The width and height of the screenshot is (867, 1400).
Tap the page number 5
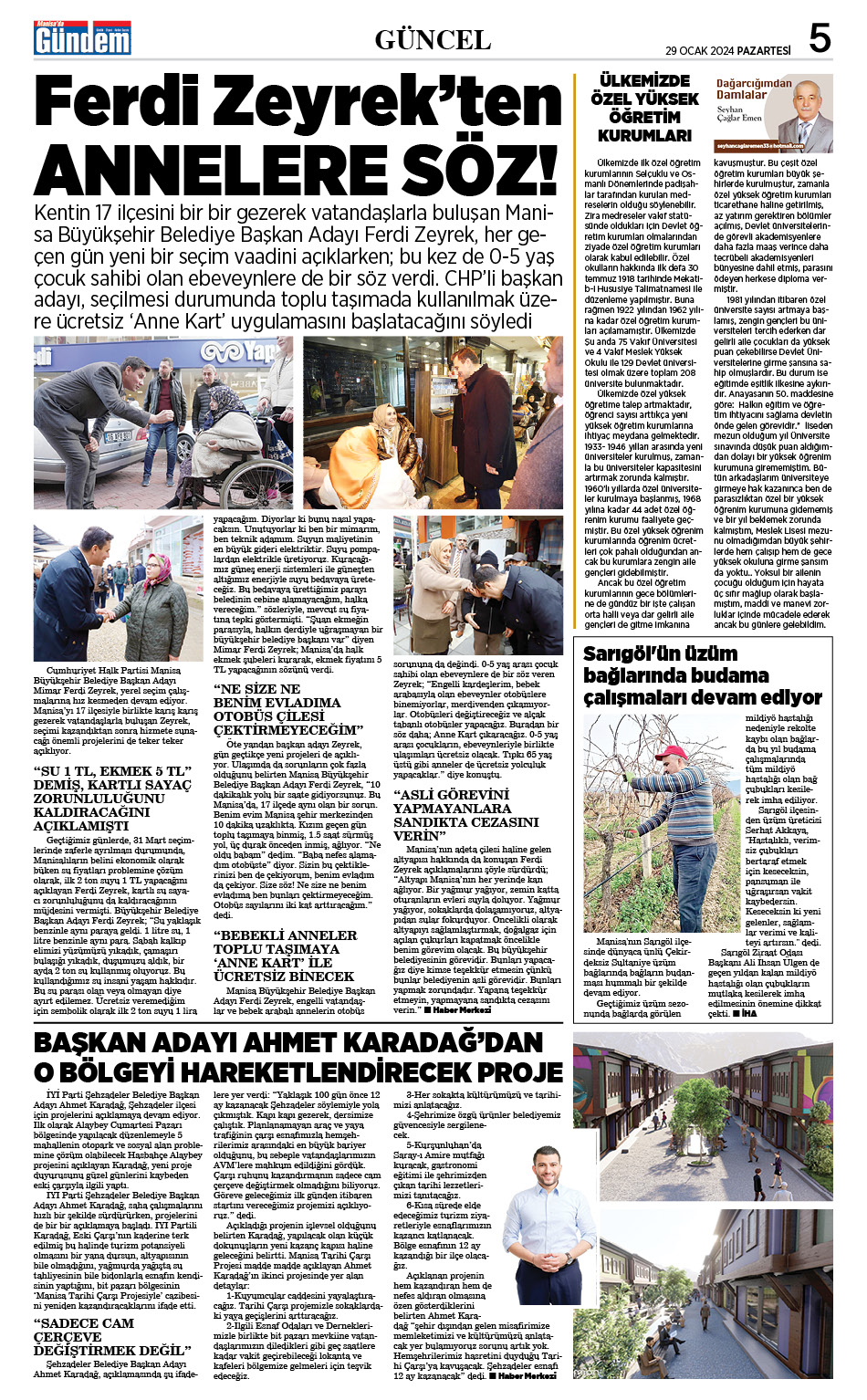[820, 38]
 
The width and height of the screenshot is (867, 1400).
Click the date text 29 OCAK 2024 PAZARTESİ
[727, 50]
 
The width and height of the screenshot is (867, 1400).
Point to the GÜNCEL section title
[433, 39]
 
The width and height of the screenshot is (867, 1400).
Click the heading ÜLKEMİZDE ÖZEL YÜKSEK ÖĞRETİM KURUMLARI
[644, 108]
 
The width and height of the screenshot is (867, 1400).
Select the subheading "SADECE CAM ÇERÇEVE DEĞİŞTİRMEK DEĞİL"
[110, 1336]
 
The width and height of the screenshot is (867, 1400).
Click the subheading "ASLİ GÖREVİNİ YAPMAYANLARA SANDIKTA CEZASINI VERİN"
[453, 815]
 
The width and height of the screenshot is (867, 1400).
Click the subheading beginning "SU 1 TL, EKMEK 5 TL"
[112, 798]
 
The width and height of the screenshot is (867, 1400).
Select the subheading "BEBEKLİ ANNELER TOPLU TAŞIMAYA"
[283, 956]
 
